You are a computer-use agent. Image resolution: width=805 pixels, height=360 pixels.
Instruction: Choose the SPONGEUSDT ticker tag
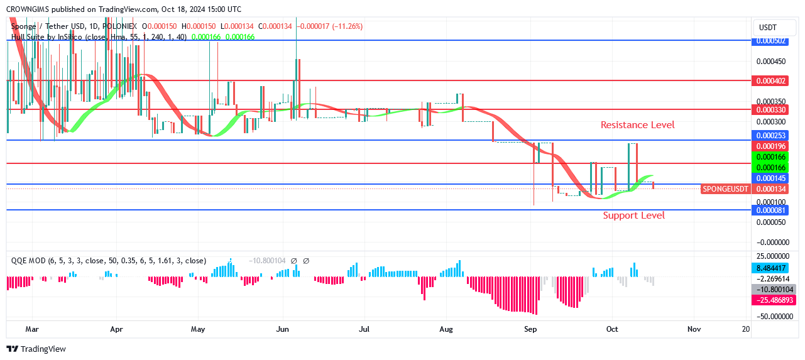(x=725, y=189)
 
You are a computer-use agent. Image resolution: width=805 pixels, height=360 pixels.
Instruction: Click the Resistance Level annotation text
(x=637, y=125)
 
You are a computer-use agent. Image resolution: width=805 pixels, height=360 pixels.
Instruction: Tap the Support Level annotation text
(x=633, y=215)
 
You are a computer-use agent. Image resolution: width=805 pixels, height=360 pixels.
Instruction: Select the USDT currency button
(x=768, y=28)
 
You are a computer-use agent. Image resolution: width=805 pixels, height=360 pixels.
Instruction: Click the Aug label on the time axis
(x=446, y=329)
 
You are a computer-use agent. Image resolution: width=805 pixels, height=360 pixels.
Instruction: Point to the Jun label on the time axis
(x=282, y=329)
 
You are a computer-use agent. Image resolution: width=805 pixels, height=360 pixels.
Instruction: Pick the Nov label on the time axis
(x=694, y=329)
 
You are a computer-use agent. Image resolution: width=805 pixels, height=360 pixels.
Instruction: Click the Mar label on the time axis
(x=33, y=329)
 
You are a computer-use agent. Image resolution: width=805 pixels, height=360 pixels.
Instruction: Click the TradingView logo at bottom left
(x=36, y=349)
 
